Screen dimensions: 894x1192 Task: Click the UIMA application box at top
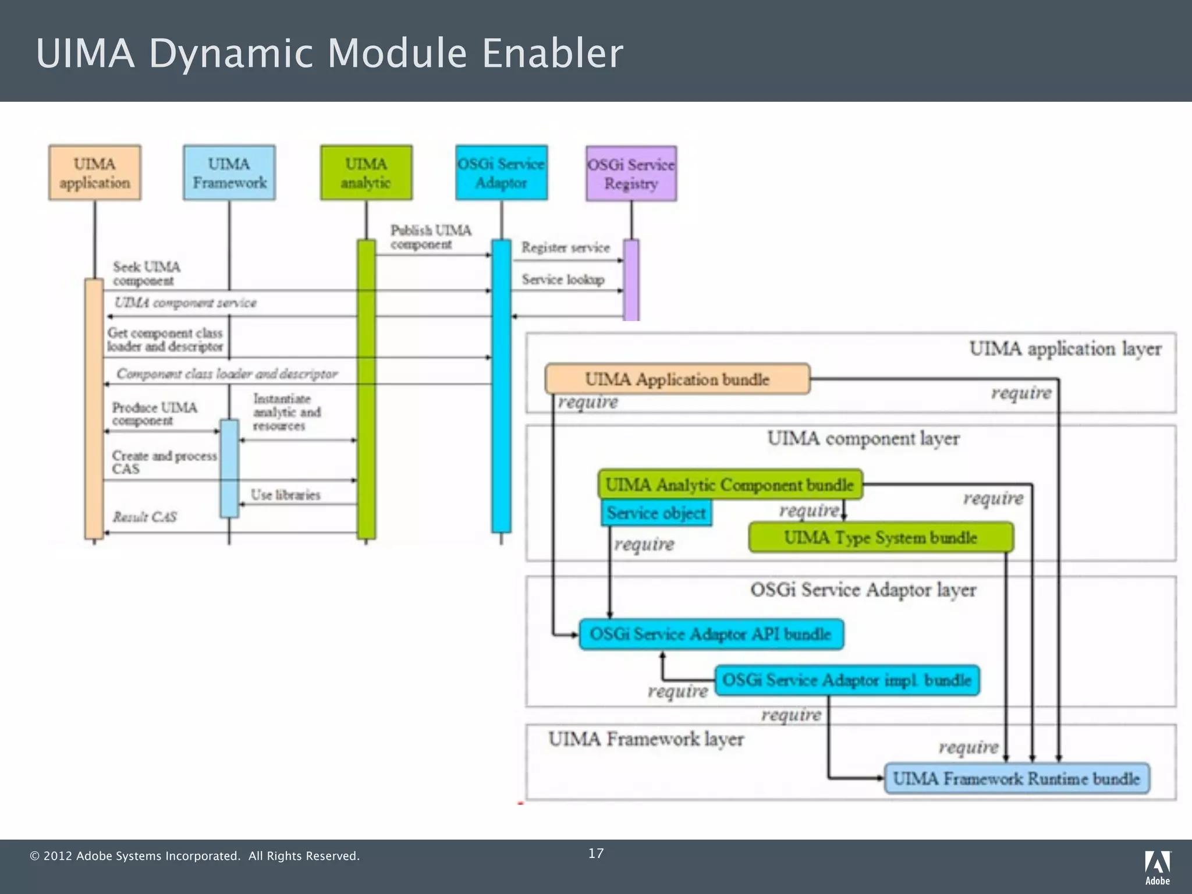point(95,173)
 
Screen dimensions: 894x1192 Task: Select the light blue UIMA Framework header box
point(229,173)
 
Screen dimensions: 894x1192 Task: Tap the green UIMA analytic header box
point(366,173)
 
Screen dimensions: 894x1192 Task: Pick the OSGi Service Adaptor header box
point(501,173)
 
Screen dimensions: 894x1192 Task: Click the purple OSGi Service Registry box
point(631,173)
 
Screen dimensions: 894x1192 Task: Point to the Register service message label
point(565,248)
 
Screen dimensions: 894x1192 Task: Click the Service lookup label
point(563,280)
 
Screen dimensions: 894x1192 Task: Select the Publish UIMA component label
point(431,237)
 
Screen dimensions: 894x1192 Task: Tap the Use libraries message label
point(285,495)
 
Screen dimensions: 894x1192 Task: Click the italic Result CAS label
point(144,517)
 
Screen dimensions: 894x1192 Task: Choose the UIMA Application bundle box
point(677,379)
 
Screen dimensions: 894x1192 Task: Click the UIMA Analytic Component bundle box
point(730,484)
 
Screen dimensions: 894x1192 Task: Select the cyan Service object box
point(656,513)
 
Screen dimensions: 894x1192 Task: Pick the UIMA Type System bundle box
point(880,537)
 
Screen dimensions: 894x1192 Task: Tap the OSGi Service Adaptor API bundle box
point(711,634)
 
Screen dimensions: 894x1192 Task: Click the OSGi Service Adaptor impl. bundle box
point(847,680)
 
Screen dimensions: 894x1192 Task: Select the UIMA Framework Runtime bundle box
point(1016,778)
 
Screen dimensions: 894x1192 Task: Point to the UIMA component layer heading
point(863,438)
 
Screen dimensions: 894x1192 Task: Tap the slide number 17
point(596,853)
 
